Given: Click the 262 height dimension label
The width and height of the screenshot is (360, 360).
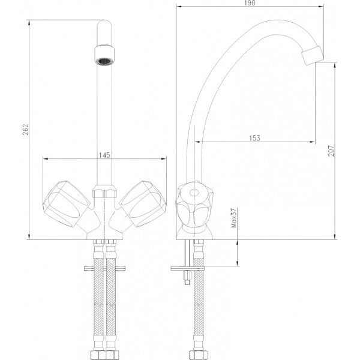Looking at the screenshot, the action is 26,130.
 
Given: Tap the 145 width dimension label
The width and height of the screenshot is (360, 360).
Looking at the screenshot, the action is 104,155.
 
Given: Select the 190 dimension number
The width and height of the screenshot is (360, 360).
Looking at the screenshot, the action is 250,3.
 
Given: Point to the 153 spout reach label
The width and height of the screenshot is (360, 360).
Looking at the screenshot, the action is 254,138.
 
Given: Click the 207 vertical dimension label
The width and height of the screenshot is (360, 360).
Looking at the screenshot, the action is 331,151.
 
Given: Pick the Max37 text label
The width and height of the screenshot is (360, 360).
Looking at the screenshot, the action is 234,218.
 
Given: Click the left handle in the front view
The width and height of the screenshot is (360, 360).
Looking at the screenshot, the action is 67,204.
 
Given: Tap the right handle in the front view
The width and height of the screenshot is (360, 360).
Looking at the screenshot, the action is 143,204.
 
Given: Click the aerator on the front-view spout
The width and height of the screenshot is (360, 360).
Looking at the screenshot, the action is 104,55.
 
